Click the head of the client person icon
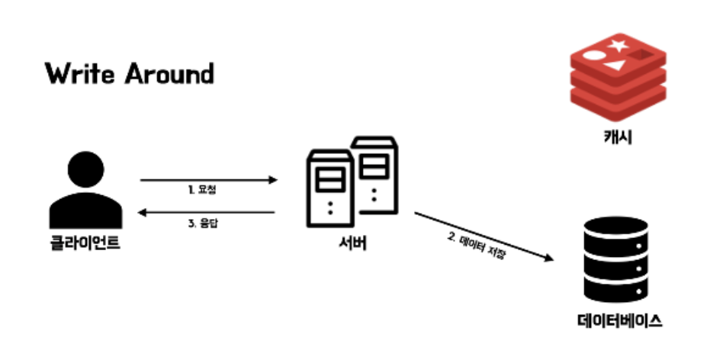(x=85, y=169)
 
